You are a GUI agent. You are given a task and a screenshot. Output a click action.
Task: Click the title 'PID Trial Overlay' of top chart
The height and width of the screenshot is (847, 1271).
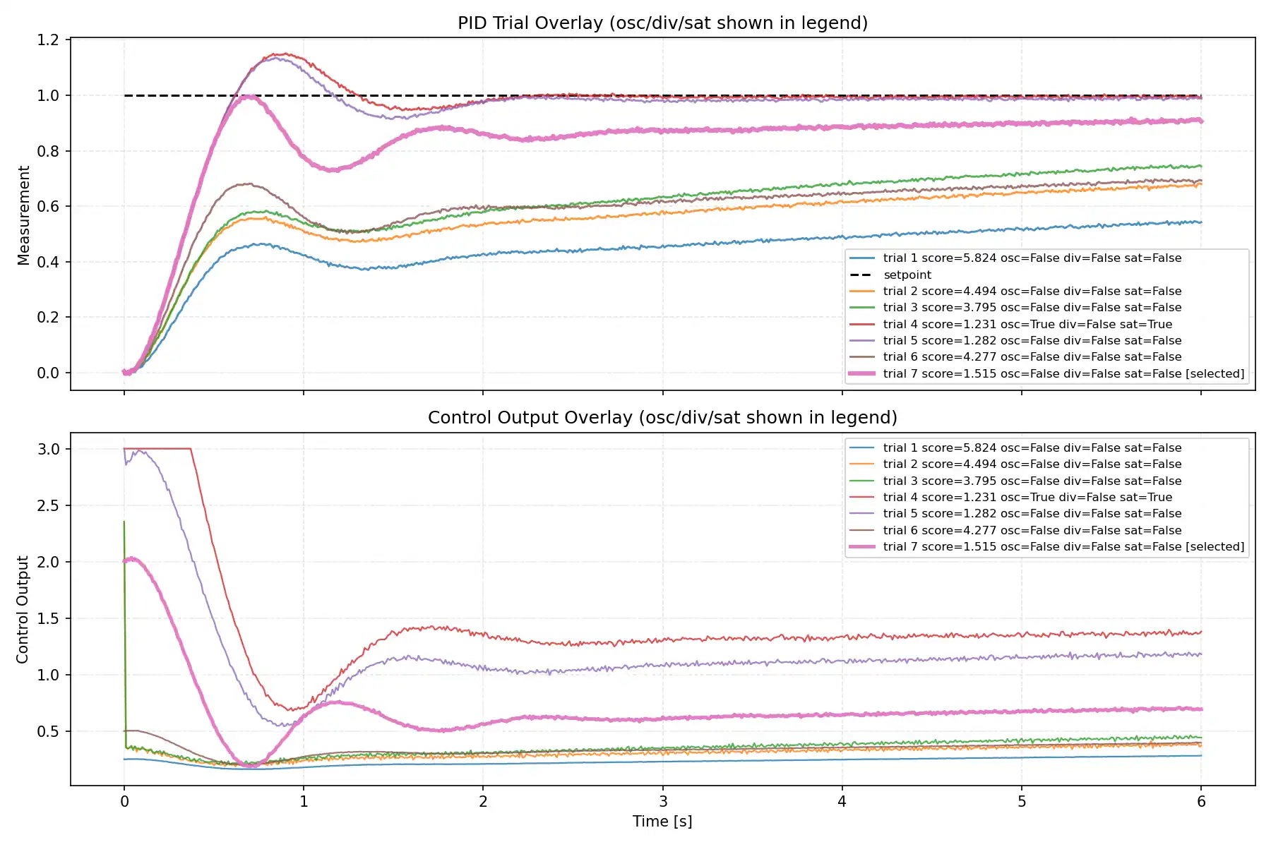[662, 23]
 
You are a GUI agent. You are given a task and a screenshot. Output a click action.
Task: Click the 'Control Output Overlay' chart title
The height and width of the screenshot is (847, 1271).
[662, 417]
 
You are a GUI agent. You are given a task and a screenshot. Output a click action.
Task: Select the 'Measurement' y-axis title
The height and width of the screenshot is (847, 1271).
[24, 215]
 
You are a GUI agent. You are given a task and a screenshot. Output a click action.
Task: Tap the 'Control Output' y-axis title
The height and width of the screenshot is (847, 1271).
[23, 609]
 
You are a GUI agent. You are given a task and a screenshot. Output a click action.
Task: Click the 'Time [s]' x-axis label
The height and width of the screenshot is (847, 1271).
[662, 821]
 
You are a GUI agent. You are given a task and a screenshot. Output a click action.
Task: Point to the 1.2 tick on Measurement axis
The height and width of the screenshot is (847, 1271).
[48, 40]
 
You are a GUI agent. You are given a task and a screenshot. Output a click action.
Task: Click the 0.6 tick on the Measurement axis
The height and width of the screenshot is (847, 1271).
[48, 206]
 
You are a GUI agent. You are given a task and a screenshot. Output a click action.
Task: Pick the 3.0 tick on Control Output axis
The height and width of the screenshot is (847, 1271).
[48, 449]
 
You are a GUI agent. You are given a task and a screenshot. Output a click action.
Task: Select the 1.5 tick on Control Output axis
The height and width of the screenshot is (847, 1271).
[48, 618]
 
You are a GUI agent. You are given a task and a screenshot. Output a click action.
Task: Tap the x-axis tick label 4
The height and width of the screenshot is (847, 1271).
[842, 801]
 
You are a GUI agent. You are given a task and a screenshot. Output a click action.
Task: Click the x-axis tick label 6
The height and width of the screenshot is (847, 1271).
[1201, 801]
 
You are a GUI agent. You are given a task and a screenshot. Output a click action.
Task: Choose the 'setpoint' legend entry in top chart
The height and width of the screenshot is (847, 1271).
[907, 275]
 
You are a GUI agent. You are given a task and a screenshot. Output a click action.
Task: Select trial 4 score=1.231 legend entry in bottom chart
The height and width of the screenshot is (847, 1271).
[1027, 497]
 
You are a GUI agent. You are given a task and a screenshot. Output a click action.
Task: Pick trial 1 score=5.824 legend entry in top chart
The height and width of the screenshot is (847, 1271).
[1032, 258]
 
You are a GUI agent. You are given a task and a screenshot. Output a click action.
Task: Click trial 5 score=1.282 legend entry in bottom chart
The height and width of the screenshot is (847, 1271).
[1032, 513]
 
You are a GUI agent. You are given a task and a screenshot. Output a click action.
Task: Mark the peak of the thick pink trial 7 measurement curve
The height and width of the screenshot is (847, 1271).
[249, 97]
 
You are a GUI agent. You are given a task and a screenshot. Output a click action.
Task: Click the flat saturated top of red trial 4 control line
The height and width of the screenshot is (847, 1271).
[159, 448]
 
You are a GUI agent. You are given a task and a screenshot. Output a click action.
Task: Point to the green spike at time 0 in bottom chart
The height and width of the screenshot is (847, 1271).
[124, 524]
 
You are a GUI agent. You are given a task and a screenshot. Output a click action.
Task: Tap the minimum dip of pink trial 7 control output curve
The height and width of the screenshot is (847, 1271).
[249, 765]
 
